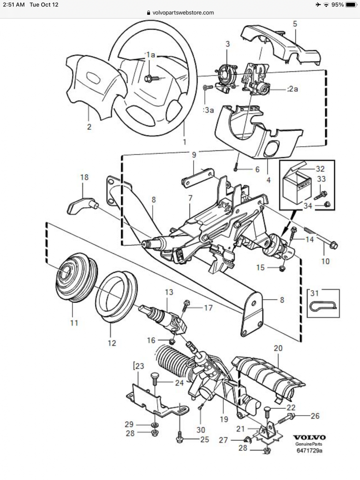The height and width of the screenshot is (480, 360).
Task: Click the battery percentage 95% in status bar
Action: [x=337, y=5]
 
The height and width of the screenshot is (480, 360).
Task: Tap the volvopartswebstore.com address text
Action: [x=183, y=12]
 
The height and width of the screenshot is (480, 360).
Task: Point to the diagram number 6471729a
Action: [x=309, y=451]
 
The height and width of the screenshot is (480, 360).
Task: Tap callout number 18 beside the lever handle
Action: [x=84, y=177]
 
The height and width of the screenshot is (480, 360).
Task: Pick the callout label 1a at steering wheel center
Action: [x=150, y=55]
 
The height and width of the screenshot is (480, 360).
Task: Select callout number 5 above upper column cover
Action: [x=295, y=24]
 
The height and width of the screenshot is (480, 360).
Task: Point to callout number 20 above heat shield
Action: [x=278, y=348]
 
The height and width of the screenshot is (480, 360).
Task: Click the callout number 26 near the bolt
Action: [x=315, y=416]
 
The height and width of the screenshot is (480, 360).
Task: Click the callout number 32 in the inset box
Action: [x=320, y=168]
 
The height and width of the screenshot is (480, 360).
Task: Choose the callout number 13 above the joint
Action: [x=169, y=292]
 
